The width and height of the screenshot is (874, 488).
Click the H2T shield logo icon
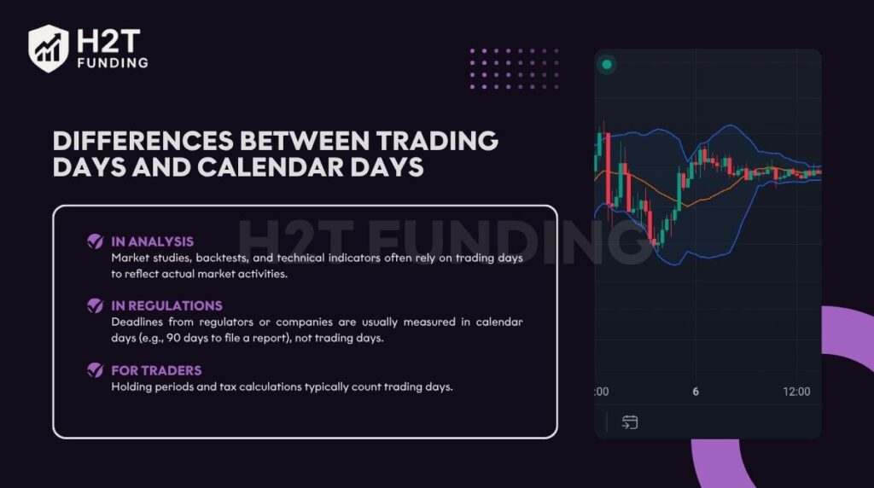pyautogui.click(x=49, y=49)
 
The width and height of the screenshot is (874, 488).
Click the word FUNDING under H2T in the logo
pyautogui.click(x=114, y=63)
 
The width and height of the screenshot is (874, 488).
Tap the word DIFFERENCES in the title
pyautogui.click(x=143, y=141)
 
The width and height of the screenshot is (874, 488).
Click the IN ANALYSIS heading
pyautogui.click(x=152, y=241)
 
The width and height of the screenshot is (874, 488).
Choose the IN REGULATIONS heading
pyautogui.click(x=166, y=305)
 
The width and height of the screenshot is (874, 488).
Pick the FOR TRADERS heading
pyautogui.click(x=157, y=370)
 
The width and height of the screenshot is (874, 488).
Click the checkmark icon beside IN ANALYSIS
pyautogui.click(x=96, y=241)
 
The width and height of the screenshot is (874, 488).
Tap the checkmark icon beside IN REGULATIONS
pyautogui.click(x=96, y=305)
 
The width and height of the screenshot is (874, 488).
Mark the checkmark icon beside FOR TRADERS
pyautogui.click(x=96, y=370)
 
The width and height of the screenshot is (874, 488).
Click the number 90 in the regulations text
pyautogui.click(x=173, y=338)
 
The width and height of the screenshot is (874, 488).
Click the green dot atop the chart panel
pyautogui.click(x=607, y=65)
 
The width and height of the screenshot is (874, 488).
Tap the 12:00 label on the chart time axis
pyautogui.click(x=796, y=392)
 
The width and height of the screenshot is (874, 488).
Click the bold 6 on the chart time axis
pyautogui.click(x=696, y=392)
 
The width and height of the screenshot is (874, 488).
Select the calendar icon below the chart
pyautogui.click(x=630, y=422)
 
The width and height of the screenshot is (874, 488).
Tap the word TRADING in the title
pyautogui.click(x=437, y=141)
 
